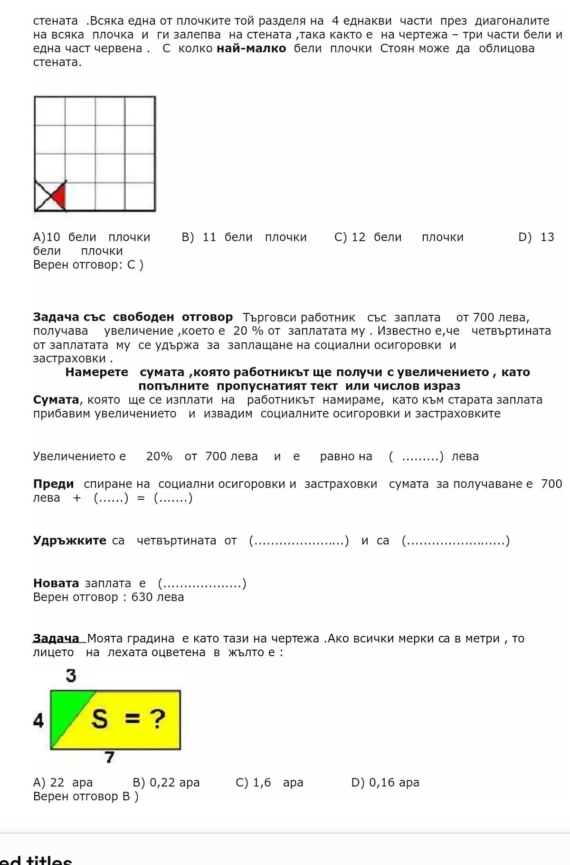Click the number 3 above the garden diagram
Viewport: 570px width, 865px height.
[x=71, y=675]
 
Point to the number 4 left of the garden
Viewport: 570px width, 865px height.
[x=38, y=721]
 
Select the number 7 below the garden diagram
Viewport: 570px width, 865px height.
[x=110, y=757]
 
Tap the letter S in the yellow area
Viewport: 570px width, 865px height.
[x=99, y=719]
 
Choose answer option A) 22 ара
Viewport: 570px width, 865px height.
[x=63, y=782]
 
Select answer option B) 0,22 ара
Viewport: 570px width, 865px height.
[x=166, y=782]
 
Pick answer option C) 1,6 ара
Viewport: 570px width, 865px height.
[x=269, y=782]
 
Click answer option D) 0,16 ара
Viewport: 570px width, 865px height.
[x=385, y=782]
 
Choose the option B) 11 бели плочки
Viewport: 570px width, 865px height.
[x=244, y=237]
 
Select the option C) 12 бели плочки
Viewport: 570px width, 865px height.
[x=399, y=237]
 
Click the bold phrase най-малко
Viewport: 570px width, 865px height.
[x=251, y=49]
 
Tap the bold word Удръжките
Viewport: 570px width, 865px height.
[x=69, y=541]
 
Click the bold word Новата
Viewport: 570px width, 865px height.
[x=56, y=583]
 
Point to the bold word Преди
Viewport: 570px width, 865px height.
[x=53, y=484]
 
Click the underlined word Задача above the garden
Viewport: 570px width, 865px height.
[x=56, y=638]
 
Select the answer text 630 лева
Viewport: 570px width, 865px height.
[x=158, y=597]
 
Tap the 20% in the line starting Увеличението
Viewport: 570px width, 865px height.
[x=159, y=457]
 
